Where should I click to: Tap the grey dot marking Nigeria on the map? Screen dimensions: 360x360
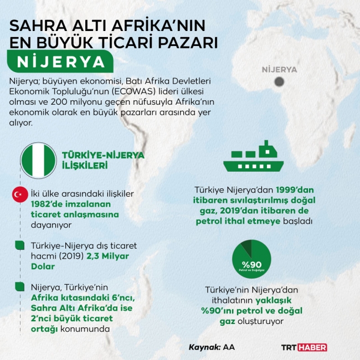(x=280, y=82)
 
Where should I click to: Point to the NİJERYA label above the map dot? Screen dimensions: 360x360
(x=280, y=70)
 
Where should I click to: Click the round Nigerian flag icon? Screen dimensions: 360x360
(x=39, y=160)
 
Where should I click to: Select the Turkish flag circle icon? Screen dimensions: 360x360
(x=20, y=195)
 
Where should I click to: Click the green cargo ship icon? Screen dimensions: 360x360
(x=256, y=157)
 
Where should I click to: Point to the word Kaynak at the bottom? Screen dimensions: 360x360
(x=204, y=347)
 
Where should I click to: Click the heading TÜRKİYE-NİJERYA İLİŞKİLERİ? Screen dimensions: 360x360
(x=103, y=160)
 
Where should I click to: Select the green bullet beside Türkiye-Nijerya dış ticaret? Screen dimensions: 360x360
(x=20, y=245)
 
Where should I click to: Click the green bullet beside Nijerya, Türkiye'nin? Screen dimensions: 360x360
(x=20, y=285)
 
